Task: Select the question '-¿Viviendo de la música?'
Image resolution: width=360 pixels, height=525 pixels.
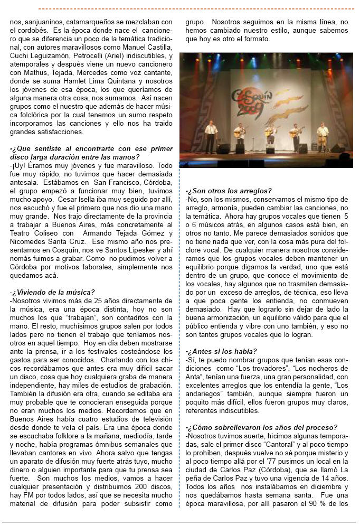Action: (52, 292)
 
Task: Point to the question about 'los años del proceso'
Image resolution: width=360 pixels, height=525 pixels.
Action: (262, 427)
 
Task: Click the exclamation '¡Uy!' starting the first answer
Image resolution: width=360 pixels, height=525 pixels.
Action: (19, 165)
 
